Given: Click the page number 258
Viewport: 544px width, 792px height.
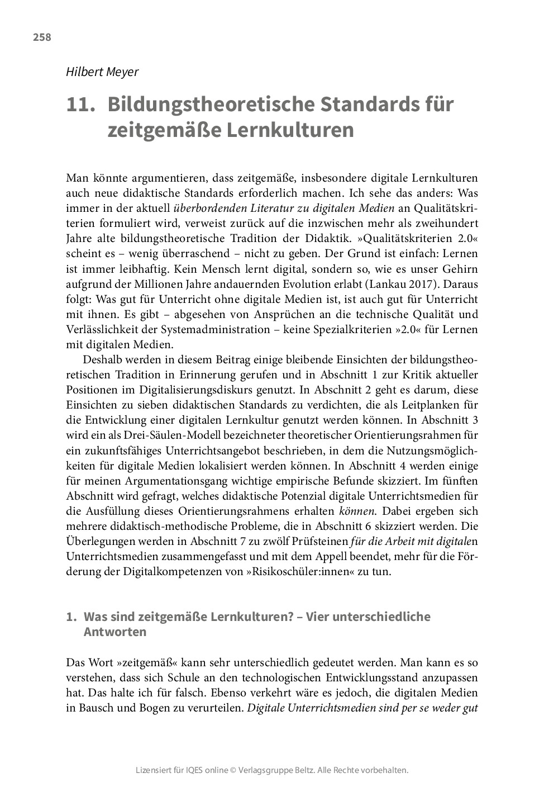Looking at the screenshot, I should coord(42,37).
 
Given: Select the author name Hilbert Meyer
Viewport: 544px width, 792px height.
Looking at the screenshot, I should coord(102,72).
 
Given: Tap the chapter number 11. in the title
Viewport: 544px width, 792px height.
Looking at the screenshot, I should coord(79,105).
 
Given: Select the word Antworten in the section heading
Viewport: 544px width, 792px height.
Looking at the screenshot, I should coord(115,632).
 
